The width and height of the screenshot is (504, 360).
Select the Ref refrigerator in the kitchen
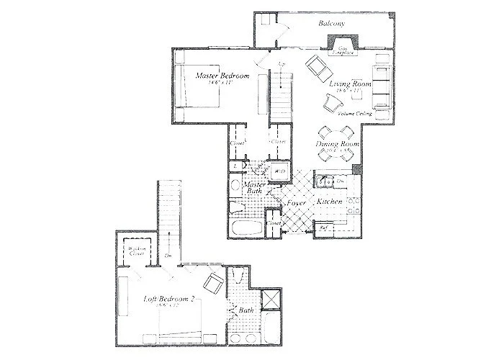325,228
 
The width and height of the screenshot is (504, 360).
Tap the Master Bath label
254,187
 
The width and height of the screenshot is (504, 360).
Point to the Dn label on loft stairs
167,256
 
